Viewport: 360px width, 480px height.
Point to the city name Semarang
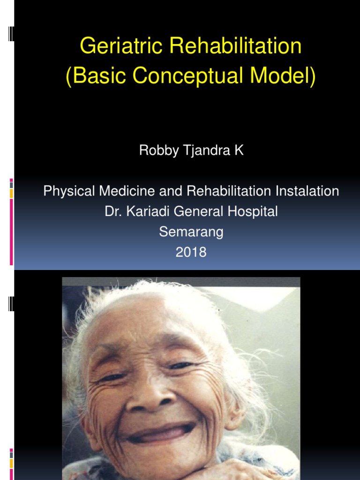point(191,232)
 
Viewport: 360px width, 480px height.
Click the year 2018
point(191,252)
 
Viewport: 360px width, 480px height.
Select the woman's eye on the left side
point(113,375)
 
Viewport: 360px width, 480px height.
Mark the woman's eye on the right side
point(184,365)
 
